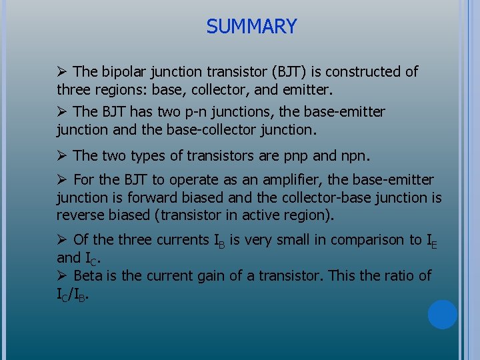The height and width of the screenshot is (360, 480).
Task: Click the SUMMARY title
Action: [251, 27]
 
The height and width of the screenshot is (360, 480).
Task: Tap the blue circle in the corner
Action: [442, 315]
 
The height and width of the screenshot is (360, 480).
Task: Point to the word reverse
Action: [81, 215]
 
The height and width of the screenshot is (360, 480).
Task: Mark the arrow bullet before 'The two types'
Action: [62, 156]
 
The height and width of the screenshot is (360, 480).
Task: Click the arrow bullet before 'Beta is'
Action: [62, 275]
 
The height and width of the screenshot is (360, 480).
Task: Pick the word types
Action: [150, 156]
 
